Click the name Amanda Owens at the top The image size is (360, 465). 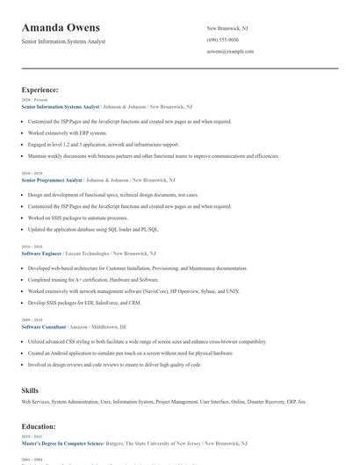(61, 27)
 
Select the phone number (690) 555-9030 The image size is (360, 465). (224, 39)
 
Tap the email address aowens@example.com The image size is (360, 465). (230, 52)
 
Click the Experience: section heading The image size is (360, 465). (40, 89)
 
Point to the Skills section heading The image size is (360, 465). (31, 389)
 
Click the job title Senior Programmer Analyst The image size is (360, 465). (52, 180)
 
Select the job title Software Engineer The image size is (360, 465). (42, 253)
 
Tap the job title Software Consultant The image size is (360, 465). (45, 326)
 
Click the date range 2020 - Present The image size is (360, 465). (32, 100)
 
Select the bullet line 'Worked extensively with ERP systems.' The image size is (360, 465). (67, 133)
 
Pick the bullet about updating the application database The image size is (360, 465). (93, 229)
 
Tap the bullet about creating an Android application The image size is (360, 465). (130, 353)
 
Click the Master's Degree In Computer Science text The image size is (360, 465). (62, 443)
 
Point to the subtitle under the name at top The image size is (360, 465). (63, 42)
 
